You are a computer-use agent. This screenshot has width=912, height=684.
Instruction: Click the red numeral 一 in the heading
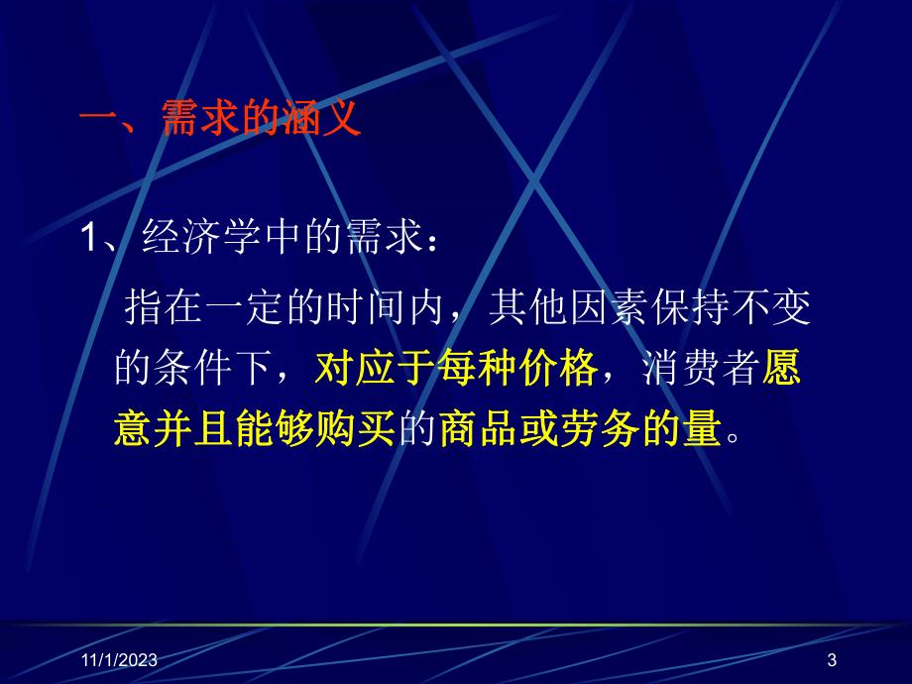click(x=99, y=123)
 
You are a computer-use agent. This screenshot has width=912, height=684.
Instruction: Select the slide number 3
click(x=831, y=659)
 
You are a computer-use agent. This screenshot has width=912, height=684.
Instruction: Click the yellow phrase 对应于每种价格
click(x=456, y=371)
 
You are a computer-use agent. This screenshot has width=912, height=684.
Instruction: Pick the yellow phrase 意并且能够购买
click(x=256, y=430)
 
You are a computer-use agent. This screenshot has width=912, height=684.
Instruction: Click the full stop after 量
click(x=735, y=436)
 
